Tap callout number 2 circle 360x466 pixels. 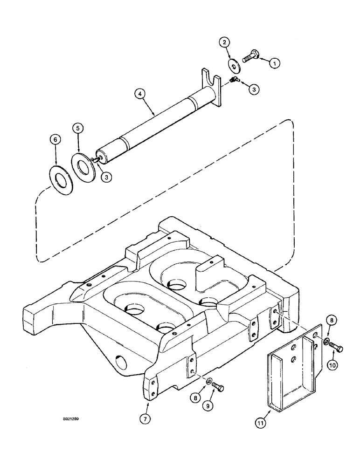pos(224,42)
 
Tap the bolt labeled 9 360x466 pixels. pos(218,387)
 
